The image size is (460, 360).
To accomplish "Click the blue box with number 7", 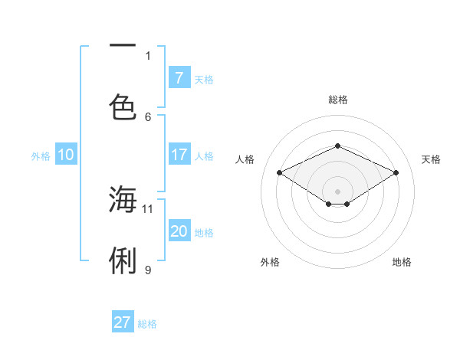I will [179, 77].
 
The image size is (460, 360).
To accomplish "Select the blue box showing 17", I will [179, 155].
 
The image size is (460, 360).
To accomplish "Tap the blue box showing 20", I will [179, 231].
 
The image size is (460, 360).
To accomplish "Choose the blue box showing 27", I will [123, 322].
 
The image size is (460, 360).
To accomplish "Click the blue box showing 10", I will [66, 155].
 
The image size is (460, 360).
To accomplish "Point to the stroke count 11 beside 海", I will [148, 208].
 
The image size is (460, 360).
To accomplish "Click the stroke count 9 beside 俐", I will [148, 270].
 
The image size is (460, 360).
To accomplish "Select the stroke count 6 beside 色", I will [148, 116].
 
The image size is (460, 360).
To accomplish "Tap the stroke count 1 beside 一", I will [148, 55].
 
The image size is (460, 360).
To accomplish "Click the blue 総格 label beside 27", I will [147, 324].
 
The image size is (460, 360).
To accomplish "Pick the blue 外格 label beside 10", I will [41, 156].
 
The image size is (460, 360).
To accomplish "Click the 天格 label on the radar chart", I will [431, 159].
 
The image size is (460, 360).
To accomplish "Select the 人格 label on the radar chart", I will [245, 159].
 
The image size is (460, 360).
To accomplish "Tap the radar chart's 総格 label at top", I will [337, 100].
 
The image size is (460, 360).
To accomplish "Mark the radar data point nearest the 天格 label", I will [396, 173].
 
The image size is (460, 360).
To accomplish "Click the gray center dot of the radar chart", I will [337, 191].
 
